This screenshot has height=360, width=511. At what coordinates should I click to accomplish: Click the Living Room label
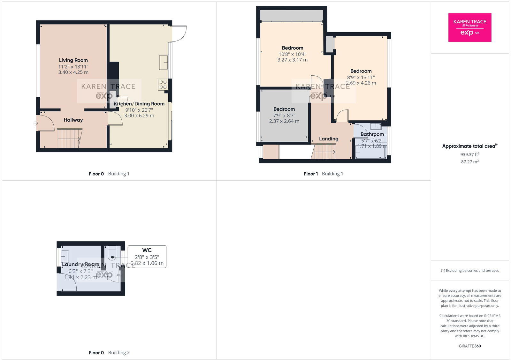point(73,60)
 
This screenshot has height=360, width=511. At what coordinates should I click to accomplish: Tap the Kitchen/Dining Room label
point(139,104)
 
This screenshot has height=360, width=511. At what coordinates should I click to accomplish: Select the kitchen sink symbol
point(164,62)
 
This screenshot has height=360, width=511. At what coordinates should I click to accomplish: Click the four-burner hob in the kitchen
point(163,85)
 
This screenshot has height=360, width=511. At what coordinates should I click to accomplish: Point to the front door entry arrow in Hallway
point(35,123)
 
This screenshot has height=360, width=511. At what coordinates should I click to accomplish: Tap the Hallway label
point(73,120)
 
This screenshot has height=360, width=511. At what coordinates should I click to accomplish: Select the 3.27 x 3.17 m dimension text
point(292,60)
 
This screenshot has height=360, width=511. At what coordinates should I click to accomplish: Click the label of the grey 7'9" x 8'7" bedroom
point(284,109)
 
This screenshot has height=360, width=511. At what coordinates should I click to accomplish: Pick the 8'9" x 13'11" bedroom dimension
point(361,77)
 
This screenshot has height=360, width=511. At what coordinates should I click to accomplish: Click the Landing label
point(328,139)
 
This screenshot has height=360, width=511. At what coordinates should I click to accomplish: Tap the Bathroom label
point(372,134)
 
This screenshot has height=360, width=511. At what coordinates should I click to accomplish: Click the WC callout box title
point(147,250)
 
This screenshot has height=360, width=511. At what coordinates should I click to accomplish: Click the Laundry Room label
point(80,264)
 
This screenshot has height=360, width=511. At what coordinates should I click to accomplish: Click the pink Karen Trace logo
point(469,27)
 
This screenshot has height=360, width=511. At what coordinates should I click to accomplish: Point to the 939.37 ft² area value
point(469,154)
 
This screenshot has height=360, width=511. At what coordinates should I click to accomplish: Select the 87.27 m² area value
point(469,162)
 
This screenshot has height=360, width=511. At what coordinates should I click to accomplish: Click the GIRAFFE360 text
point(469,346)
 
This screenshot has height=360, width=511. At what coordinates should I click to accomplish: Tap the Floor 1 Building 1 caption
point(323,174)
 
